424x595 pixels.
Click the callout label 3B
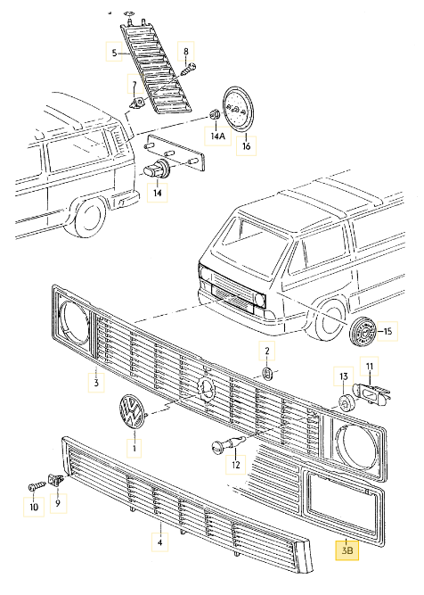point(346,551)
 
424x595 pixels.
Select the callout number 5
point(114,54)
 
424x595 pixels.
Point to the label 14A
point(217,137)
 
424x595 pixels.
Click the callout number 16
point(247,145)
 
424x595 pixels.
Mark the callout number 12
point(236,464)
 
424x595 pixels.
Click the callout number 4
point(160,541)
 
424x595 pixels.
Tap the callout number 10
point(34,508)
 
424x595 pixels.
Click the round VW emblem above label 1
point(132,415)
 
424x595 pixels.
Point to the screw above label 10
point(35,485)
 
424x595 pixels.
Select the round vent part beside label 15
point(363,331)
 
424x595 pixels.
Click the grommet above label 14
point(159,169)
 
